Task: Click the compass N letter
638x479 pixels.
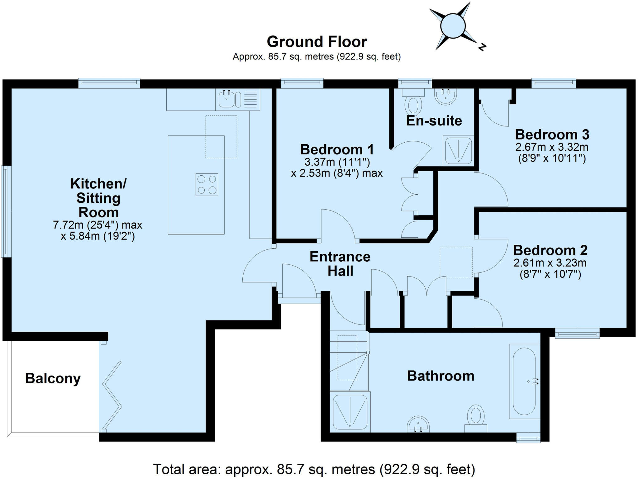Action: point(482,47)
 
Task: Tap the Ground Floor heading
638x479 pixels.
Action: point(317,42)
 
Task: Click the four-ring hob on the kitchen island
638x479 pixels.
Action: point(207,185)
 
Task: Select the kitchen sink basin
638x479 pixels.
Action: point(226,99)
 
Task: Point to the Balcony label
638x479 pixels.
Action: point(53,378)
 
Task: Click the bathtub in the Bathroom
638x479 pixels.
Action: point(524,381)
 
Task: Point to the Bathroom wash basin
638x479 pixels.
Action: point(418,424)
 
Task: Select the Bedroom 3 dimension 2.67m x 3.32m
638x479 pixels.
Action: point(552,147)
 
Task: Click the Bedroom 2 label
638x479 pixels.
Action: point(550,250)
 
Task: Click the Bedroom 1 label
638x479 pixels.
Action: point(337,149)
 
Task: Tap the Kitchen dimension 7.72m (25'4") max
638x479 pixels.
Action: point(98,225)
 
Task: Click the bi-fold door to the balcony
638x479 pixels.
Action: point(112,396)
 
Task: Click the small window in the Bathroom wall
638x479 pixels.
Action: point(528,439)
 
